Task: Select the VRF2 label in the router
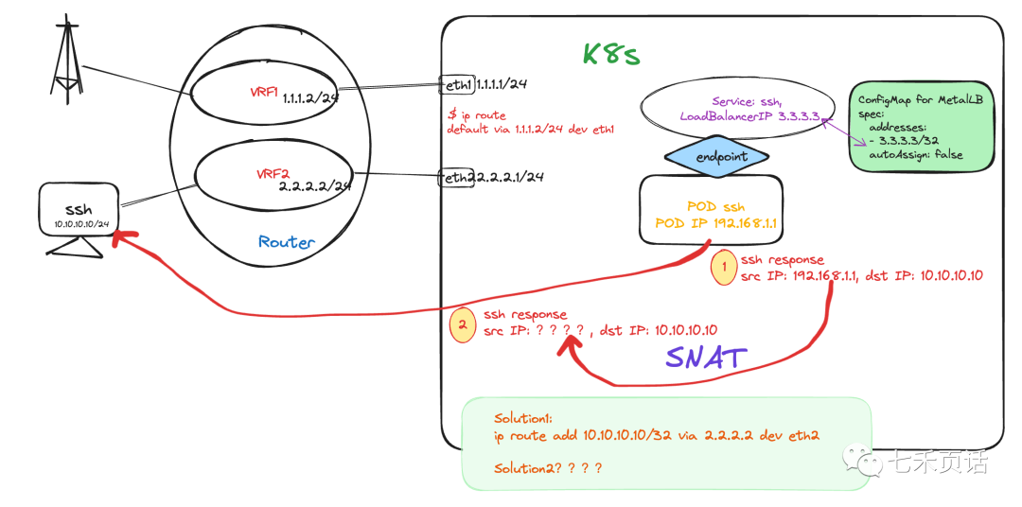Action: pyautogui.click(x=272, y=174)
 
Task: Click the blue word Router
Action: pyautogui.click(x=286, y=242)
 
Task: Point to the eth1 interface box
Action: pyautogui.click(x=456, y=84)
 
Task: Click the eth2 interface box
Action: pyautogui.click(x=455, y=177)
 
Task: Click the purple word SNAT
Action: pyautogui.click(x=706, y=357)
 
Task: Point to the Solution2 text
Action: pyautogui.click(x=548, y=468)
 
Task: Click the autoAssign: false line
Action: pyautogui.click(x=915, y=154)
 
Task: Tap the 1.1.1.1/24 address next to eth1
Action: pyautogui.click(x=502, y=84)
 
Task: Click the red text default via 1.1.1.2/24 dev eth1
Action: pyautogui.click(x=531, y=129)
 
